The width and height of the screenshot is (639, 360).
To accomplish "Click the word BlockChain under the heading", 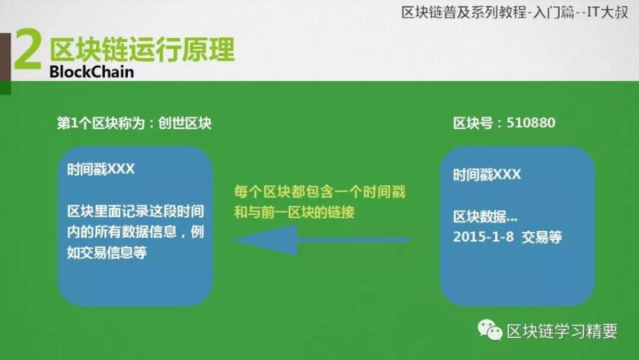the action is tap(91, 72).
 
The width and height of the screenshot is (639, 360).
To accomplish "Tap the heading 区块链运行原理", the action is tap(142, 50).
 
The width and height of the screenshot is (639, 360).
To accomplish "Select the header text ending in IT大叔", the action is tap(514, 12).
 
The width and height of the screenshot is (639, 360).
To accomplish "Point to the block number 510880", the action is tap(530, 123).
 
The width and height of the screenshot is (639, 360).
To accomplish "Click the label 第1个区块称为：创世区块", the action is tap(134, 123).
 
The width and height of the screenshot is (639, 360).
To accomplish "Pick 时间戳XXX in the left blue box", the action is tap(101, 169).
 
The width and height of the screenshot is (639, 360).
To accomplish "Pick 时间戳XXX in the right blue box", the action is tap(487, 175).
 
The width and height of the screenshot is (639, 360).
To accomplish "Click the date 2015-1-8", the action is tap(483, 237).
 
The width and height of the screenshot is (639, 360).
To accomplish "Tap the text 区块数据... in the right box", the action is tap(485, 217).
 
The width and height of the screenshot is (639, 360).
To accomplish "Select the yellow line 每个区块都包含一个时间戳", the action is tap(320, 192).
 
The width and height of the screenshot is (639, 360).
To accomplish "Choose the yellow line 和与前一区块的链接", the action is tap(294, 212).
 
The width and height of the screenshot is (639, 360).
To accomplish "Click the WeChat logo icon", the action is tap(490, 330).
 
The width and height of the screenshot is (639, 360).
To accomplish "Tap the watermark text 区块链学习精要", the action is tap(562, 331).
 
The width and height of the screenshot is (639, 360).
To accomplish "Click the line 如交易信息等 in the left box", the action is tap(107, 253).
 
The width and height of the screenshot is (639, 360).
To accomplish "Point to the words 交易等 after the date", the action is tap(542, 237).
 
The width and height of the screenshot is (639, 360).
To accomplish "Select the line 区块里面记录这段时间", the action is tap(135, 212).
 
